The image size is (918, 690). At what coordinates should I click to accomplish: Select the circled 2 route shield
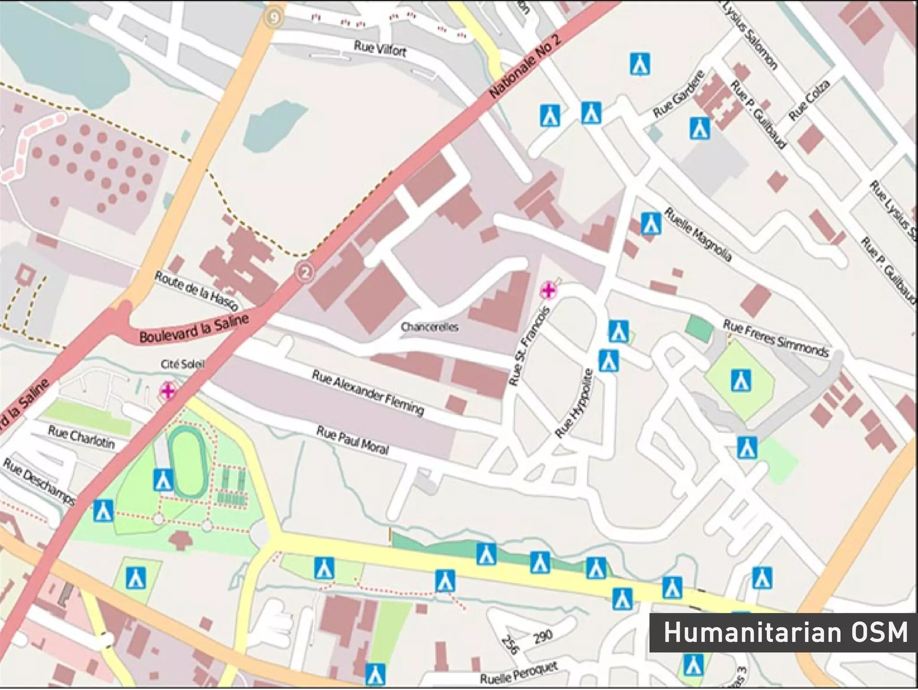point(305,272)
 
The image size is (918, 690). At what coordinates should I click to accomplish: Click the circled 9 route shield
point(274,18)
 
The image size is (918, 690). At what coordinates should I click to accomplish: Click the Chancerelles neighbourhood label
point(429,327)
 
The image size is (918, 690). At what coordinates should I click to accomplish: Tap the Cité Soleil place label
point(182,364)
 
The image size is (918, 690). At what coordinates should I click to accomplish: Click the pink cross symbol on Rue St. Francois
point(548,290)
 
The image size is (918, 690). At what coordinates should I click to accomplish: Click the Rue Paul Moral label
point(352,440)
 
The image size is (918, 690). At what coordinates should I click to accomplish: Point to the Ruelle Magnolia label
point(697,234)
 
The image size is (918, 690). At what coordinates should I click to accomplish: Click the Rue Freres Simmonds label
point(775,339)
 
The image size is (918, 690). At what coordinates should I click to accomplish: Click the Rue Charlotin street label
point(81,437)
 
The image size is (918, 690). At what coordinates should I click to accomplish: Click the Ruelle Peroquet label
point(519,673)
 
